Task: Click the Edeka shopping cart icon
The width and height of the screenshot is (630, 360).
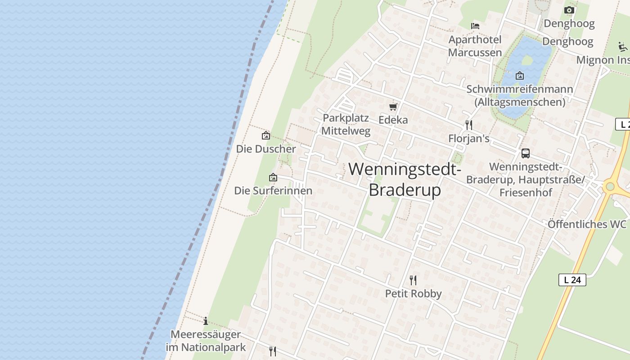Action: pyautogui.click(x=393, y=107)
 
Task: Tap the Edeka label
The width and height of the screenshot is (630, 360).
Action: pyautogui.click(x=393, y=120)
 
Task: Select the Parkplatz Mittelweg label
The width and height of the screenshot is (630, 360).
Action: pyautogui.click(x=346, y=125)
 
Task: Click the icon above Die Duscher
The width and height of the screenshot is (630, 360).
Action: pyautogui.click(x=266, y=135)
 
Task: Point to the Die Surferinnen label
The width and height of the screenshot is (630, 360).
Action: pyautogui.click(x=273, y=190)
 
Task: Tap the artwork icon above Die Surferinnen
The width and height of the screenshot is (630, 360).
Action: pyautogui.click(x=273, y=178)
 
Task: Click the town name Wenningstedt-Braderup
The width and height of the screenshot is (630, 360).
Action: pyautogui.click(x=405, y=180)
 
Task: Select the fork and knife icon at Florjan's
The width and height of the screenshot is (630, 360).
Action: pyautogui.click(x=469, y=125)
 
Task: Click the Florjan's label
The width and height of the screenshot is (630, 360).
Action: pyautogui.click(x=469, y=139)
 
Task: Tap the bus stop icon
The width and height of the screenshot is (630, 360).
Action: pyautogui.click(x=525, y=153)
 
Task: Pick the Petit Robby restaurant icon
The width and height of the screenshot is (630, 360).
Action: pyautogui.click(x=413, y=280)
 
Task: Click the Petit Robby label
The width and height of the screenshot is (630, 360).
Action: pyautogui.click(x=413, y=294)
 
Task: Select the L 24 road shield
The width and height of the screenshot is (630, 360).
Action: pyautogui.click(x=572, y=280)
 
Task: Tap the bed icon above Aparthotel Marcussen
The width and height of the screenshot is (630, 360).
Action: pyautogui.click(x=475, y=26)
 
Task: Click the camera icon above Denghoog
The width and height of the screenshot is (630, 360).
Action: pyautogui.click(x=569, y=10)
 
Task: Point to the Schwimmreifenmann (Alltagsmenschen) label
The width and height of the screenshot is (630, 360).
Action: pyautogui.click(x=520, y=95)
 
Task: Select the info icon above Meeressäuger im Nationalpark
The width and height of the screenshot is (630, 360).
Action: pyautogui.click(x=206, y=321)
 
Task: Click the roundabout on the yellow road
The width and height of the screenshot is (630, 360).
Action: pyautogui.click(x=610, y=186)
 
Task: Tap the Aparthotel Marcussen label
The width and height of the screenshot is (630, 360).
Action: pyautogui.click(x=475, y=46)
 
